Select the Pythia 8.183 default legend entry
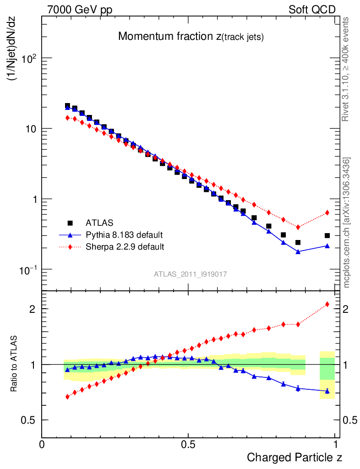click(x=124, y=235)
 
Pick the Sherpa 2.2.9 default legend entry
click(x=125, y=247)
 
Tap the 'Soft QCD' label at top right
click(x=312, y=10)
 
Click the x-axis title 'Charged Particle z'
click(x=295, y=457)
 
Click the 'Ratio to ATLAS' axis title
click(x=14, y=364)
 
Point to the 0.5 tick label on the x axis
click(x=188, y=444)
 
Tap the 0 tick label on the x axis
click(x=42, y=444)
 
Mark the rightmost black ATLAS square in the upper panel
click(x=327, y=235)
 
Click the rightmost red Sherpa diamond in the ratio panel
click(x=327, y=304)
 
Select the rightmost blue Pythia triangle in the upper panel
click(x=327, y=246)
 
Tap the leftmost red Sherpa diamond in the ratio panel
click(x=67, y=397)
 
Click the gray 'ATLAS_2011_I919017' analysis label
click(x=191, y=274)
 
